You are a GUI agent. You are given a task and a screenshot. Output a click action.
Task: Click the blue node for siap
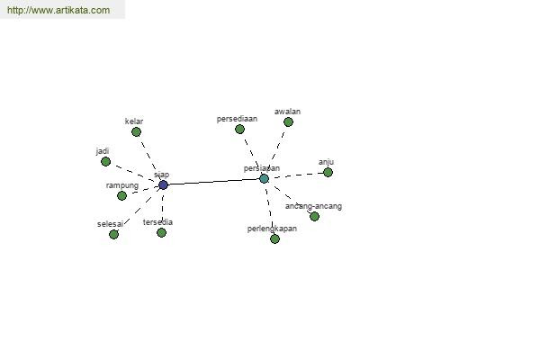(x=163, y=185)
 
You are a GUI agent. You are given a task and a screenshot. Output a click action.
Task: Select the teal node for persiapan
(x=264, y=178)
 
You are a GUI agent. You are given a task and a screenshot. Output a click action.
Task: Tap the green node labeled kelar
(x=136, y=131)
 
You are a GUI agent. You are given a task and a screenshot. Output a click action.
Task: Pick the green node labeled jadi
(x=105, y=161)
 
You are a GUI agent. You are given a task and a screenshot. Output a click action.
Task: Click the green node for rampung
(x=121, y=195)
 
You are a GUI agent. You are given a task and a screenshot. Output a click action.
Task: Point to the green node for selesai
(x=113, y=234)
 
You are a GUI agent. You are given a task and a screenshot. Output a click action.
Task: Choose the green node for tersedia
(x=161, y=232)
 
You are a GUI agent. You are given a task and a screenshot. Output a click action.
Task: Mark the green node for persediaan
(x=239, y=129)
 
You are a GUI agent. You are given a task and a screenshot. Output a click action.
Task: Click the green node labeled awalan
(x=288, y=121)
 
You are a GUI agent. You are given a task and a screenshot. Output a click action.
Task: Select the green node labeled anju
(x=328, y=172)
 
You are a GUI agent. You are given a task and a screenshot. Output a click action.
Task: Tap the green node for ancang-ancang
(x=314, y=216)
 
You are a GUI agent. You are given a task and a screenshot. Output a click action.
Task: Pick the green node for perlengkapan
(x=274, y=238)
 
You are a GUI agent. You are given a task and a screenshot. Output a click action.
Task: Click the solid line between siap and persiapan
(x=213, y=182)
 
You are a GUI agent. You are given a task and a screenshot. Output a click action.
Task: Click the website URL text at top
(x=58, y=10)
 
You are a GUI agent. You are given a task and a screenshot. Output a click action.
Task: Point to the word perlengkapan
(x=272, y=229)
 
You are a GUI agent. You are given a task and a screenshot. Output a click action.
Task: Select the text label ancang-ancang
(x=313, y=206)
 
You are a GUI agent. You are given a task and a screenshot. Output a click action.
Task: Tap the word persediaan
(x=238, y=119)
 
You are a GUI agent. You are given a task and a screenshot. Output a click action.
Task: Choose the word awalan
(x=287, y=112)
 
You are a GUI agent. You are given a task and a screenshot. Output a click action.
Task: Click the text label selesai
(x=110, y=224)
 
